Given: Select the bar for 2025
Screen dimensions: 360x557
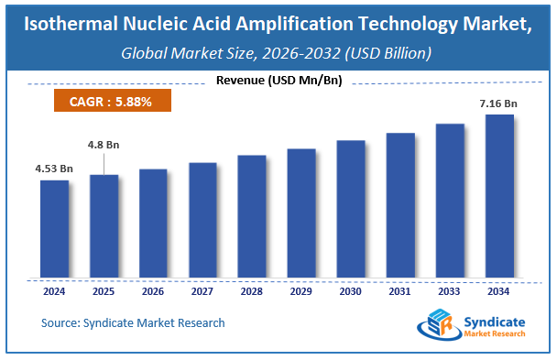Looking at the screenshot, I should [104, 226].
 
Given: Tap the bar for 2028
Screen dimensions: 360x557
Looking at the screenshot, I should [252, 217].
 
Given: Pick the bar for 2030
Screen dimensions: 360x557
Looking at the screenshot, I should [351, 210].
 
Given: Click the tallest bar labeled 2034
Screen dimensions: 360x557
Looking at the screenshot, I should [499, 197].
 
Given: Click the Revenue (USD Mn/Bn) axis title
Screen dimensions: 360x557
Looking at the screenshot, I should [278, 81].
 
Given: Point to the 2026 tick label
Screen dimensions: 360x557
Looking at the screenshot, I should [153, 292].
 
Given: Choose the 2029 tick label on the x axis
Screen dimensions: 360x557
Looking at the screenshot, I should [301, 292].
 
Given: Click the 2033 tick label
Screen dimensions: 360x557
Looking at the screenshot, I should [450, 292].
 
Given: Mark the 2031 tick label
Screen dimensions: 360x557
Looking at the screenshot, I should [400, 292].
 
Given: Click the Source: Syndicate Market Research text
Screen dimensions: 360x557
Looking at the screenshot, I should [133, 322].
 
